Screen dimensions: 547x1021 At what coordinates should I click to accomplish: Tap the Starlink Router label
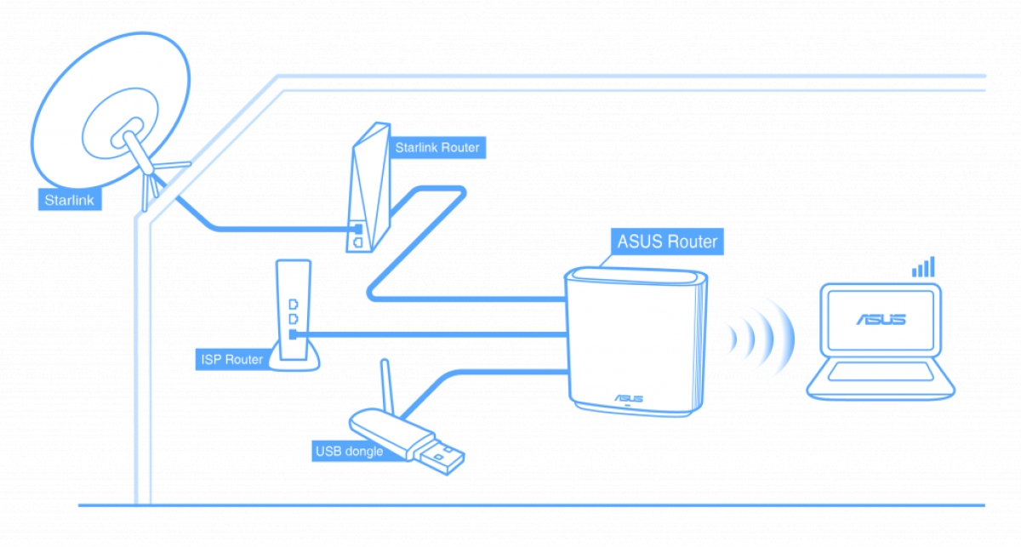click(436, 148)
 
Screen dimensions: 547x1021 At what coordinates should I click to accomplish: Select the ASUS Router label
click(667, 242)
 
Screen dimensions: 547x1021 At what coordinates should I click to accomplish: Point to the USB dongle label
click(348, 450)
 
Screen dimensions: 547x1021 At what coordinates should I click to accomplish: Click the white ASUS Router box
click(633, 340)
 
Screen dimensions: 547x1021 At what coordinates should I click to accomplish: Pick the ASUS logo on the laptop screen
click(881, 320)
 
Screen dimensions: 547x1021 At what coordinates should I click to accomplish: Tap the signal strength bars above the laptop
click(923, 267)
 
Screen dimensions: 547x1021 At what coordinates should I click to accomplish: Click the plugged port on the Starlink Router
click(358, 229)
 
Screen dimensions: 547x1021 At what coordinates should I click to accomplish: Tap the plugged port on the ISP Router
click(293, 334)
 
